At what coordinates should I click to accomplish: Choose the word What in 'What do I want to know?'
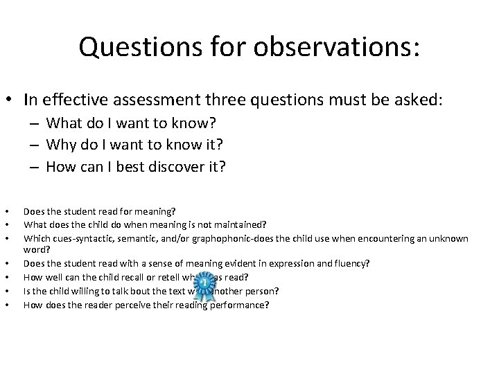(x=66, y=124)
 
